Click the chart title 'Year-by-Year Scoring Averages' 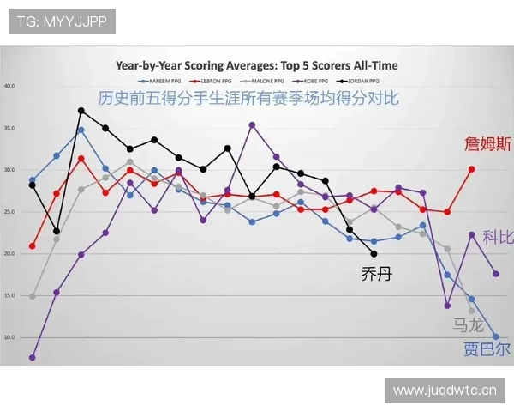[x=257, y=65]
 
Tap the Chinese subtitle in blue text [x=248, y=98]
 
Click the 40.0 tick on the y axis [x=9, y=86]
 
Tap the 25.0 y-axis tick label [x=9, y=212]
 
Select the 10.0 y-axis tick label [x=9, y=337]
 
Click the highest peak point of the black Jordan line [x=81, y=111]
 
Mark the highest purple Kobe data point [x=252, y=125]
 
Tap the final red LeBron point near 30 [x=471, y=169]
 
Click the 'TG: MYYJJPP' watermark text [x=62, y=21]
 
